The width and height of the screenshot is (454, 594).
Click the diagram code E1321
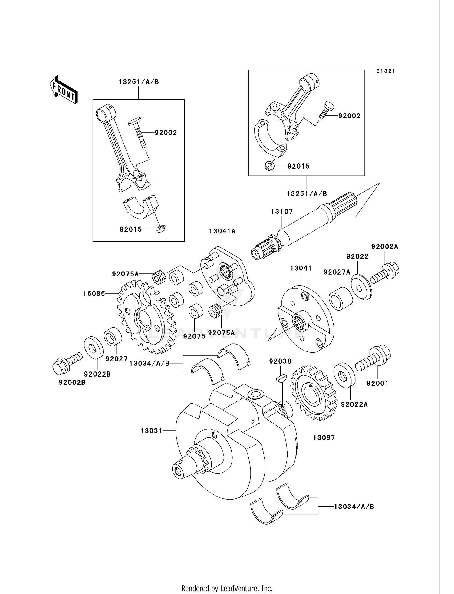coord(386,71)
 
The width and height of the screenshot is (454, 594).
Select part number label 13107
coord(282,211)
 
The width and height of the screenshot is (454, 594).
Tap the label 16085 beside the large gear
coord(94,293)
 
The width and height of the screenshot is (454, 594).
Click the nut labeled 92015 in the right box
coord(269,166)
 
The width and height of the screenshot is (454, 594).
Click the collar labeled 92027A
coord(341,299)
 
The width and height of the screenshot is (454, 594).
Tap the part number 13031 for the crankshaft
coord(151,431)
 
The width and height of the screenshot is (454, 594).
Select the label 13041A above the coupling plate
coord(222,231)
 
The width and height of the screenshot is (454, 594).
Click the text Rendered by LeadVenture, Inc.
coord(227,588)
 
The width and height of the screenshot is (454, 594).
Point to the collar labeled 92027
coord(113,336)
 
